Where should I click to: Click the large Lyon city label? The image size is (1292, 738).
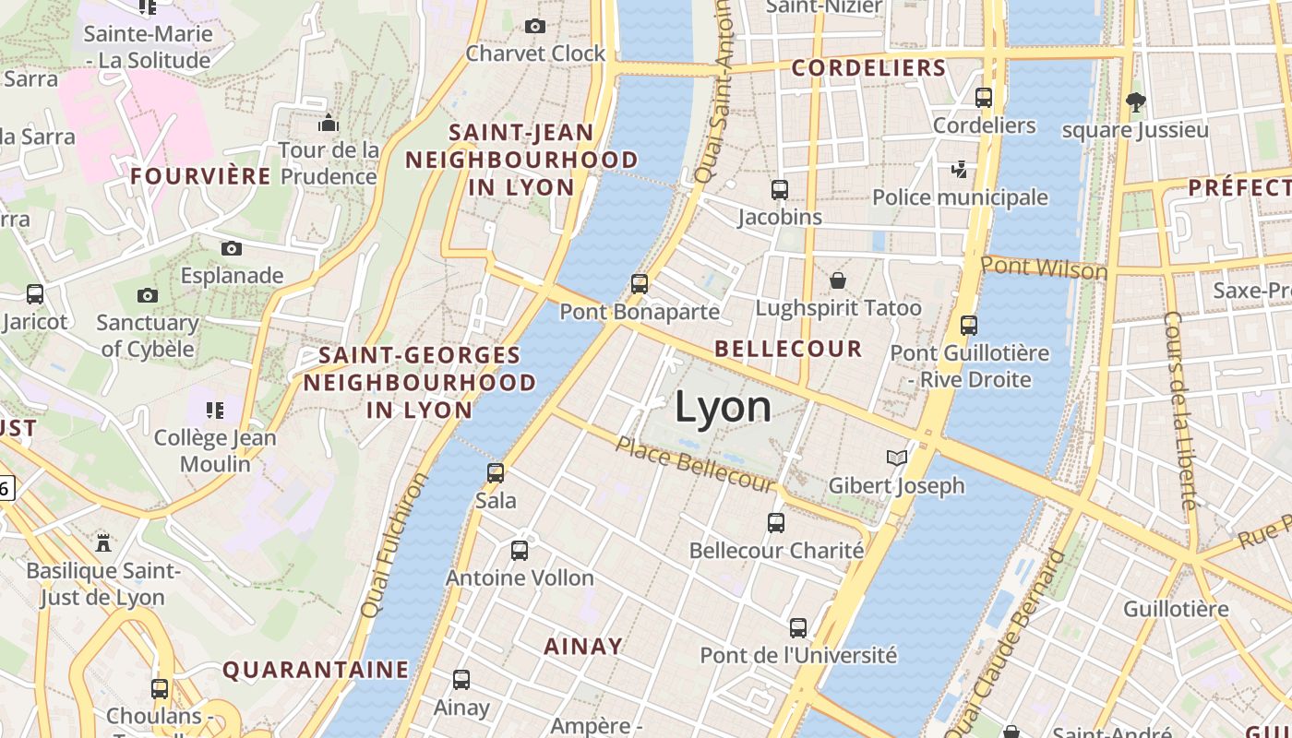(x=723, y=408)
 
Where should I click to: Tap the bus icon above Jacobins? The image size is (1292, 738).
(x=780, y=190)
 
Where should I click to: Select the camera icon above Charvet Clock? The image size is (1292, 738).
(x=535, y=26)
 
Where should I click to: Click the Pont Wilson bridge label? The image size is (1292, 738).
(x=1043, y=268)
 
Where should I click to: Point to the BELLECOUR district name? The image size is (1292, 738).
(x=788, y=349)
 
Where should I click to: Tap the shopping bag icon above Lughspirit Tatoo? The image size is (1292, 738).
(x=838, y=280)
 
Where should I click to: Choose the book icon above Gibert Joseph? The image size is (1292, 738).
(x=896, y=458)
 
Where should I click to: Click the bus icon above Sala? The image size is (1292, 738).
(x=496, y=473)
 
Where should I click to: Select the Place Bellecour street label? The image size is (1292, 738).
(x=696, y=464)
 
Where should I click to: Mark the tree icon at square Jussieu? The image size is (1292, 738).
(x=1135, y=102)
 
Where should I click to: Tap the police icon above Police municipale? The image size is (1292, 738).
(x=960, y=170)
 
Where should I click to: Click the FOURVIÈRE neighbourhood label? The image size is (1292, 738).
(x=201, y=175)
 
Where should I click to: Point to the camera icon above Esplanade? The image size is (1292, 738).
(x=232, y=248)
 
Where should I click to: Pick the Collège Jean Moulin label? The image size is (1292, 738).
(x=215, y=450)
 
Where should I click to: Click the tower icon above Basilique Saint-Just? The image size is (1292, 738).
(x=103, y=542)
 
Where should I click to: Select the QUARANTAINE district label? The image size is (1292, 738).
(x=316, y=670)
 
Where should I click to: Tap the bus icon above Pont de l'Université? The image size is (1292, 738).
(x=798, y=628)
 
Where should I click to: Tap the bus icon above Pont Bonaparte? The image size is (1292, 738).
(x=640, y=283)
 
